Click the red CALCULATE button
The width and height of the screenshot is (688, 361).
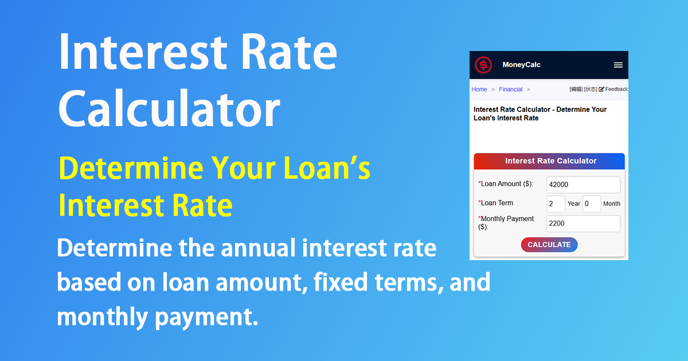(x=549, y=245)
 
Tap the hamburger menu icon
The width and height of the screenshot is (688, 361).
(x=618, y=65)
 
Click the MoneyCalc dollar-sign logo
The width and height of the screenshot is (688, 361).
(x=483, y=65)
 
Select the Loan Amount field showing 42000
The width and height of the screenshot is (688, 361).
(x=583, y=185)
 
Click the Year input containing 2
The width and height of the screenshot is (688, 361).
(x=556, y=203)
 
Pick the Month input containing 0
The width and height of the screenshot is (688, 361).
(x=591, y=203)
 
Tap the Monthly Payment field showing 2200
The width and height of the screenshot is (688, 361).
(x=583, y=223)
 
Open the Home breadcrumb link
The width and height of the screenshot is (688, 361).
(x=479, y=89)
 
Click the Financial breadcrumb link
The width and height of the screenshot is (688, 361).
(x=510, y=89)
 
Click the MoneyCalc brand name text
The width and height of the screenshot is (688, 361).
(x=521, y=65)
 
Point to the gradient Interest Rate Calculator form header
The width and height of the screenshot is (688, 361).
(x=549, y=161)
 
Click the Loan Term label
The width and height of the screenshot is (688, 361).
(x=497, y=203)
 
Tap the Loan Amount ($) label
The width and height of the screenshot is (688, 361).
(x=506, y=184)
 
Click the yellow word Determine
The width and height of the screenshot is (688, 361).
(x=131, y=168)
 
